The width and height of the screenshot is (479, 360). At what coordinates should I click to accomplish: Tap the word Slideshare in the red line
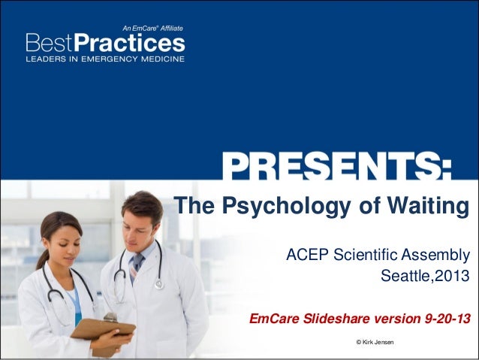coord(345,319)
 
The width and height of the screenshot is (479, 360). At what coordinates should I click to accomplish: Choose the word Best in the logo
coord(52,41)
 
